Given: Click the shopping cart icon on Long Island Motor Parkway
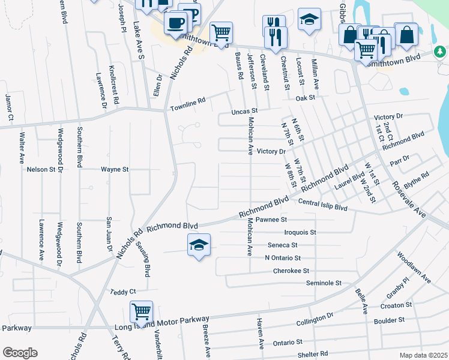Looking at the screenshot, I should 141,312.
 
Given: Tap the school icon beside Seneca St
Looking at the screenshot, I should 199,245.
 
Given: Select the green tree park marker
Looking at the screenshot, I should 441,53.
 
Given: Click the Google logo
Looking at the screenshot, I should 20,352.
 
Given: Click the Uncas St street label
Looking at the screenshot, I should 245,112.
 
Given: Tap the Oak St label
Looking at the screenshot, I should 305,97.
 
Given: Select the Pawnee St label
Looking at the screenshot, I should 272,220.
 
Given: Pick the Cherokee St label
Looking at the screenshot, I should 291,271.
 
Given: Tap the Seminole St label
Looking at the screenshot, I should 324,283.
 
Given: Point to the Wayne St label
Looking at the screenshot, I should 115,170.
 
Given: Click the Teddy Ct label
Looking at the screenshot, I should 124,292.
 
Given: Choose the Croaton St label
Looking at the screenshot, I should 397,305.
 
